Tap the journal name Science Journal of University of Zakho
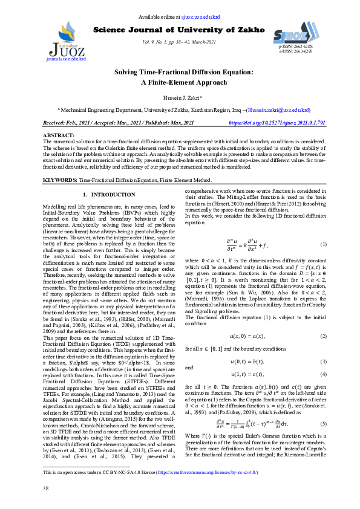tap(179, 30)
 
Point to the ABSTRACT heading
tap(59, 135)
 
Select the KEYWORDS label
tap(61, 181)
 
